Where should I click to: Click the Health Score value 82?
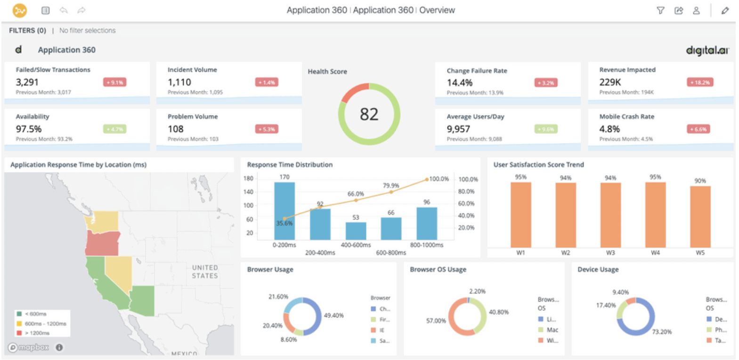click(x=369, y=114)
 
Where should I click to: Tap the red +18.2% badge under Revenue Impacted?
click(x=700, y=82)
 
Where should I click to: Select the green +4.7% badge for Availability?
click(x=114, y=129)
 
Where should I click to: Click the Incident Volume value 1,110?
click(x=179, y=82)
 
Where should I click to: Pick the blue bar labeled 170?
click(x=284, y=211)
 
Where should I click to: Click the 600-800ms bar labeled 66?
click(x=391, y=229)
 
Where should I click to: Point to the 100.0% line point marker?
click(x=427, y=180)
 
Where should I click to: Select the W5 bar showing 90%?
click(x=700, y=217)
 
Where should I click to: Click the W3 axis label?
click(x=610, y=253)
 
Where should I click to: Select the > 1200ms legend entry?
click(x=37, y=333)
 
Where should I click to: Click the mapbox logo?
click(x=29, y=348)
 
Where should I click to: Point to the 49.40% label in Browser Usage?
click(x=333, y=316)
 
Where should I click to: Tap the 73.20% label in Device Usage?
click(x=662, y=332)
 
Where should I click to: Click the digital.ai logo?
click(x=707, y=50)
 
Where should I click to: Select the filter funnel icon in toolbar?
click(x=660, y=10)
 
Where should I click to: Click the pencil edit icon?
click(x=725, y=10)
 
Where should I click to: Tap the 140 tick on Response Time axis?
click(x=248, y=192)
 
